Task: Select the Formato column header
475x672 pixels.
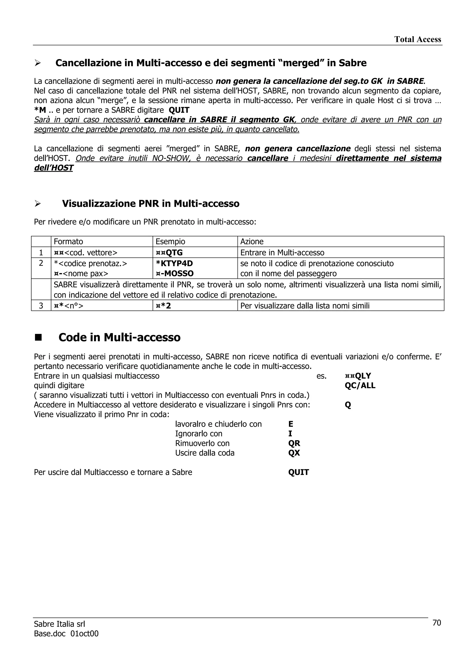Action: pos(68,241)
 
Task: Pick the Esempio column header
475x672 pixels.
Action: pos(170,241)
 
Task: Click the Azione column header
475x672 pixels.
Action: pos(252,241)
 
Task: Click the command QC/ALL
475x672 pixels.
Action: pos(360,385)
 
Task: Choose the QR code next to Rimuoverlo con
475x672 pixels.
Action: pos(294,443)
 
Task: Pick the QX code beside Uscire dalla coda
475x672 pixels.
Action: pos(294,453)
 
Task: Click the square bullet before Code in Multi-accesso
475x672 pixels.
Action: pos(38,337)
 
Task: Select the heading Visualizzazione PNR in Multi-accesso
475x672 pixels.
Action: pos(151,203)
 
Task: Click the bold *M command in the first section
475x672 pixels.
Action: pos(40,110)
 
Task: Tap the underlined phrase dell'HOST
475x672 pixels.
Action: pos(54,168)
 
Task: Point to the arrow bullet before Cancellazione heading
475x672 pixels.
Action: pos(38,63)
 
